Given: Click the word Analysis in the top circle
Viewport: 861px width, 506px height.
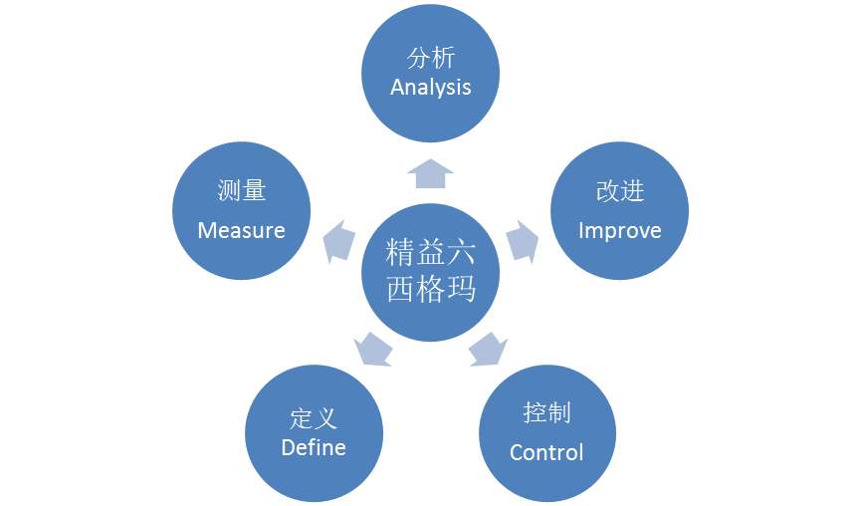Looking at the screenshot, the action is (x=430, y=88).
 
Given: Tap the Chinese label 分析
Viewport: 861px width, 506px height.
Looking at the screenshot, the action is (x=431, y=58).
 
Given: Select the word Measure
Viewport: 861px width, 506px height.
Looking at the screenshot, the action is (x=241, y=230).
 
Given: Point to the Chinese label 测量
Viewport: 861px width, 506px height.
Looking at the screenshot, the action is (x=242, y=190).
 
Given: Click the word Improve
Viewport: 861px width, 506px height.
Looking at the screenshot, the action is (x=620, y=231).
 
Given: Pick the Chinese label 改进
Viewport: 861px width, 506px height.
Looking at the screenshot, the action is (x=620, y=191).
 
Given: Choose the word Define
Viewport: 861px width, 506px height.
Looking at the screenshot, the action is (x=314, y=448).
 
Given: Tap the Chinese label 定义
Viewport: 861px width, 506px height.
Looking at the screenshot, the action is (x=314, y=418).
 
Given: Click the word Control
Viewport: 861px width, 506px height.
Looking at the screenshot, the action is (x=546, y=452).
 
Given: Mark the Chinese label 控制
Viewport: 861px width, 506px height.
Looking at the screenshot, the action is (x=546, y=412).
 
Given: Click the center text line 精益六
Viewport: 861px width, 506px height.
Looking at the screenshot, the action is (x=430, y=252).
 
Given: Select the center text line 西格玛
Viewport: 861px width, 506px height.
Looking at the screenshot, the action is (x=430, y=288).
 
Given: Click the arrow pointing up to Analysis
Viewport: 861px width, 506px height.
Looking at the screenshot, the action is (x=430, y=173).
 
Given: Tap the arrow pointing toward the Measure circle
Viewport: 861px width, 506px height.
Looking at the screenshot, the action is (x=338, y=241).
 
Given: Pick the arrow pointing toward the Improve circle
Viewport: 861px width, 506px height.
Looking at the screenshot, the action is (x=523, y=241).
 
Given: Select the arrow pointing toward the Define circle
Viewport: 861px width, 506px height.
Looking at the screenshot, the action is (x=373, y=349).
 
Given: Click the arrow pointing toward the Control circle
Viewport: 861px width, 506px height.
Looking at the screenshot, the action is (x=488, y=349).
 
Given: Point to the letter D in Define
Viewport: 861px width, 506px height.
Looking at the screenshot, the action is (x=288, y=448).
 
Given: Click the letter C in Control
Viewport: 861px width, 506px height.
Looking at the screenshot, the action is (x=517, y=452).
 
